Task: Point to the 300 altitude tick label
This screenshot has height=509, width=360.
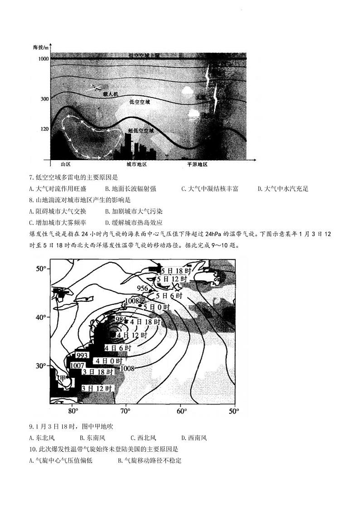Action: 44,99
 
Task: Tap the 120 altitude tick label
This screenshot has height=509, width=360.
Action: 44,129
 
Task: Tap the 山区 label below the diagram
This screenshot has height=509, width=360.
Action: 68,165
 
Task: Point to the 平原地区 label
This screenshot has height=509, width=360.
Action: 197,165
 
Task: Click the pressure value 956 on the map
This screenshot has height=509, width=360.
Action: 143,289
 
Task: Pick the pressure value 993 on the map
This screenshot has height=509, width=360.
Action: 82,355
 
